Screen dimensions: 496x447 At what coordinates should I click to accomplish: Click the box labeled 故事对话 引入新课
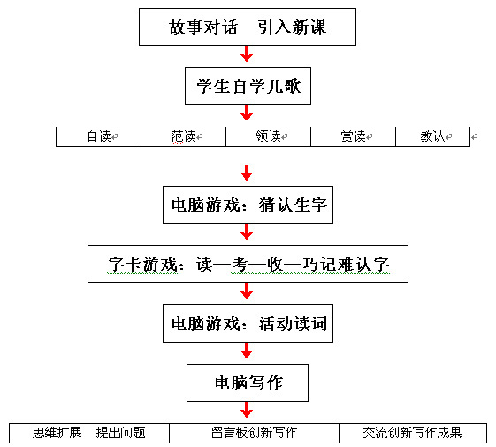tap(248, 27)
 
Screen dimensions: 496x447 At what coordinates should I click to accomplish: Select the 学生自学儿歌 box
tap(248, 86)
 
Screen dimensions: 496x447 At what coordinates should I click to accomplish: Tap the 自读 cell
tap(98, 136)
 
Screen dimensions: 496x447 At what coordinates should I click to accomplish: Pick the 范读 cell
tap(184, 136)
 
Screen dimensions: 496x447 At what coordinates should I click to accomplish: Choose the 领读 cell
tap(268, 136)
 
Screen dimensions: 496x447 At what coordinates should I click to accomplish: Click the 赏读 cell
tap(354, 136)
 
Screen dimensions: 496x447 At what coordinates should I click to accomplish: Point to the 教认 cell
tap(432, 136)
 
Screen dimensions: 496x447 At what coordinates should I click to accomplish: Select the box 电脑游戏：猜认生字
tap(248, 205)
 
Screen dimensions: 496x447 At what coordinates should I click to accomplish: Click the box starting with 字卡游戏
tap(248, 264)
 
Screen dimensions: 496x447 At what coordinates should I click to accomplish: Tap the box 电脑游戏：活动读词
tap(248, 323)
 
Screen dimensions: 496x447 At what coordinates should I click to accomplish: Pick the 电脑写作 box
tap(248, 382)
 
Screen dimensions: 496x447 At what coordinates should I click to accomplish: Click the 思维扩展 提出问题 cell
tap(89, 433)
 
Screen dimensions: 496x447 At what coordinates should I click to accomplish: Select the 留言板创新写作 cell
tap(254, 433)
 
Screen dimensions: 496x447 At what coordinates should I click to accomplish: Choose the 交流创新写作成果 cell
tap(413, 433)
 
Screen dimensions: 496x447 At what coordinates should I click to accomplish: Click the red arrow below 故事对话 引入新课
tap(247, 54)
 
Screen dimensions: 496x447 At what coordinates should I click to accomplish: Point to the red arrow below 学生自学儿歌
tap(247, 113)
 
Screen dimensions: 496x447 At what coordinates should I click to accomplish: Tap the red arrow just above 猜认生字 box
tap(247, 173)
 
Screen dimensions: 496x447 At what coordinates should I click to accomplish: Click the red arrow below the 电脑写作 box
tap(247, 410)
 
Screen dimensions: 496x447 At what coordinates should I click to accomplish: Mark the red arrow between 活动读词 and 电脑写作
tap(247, 351)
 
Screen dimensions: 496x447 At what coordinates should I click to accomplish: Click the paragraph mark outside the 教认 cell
tap(474, 137)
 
